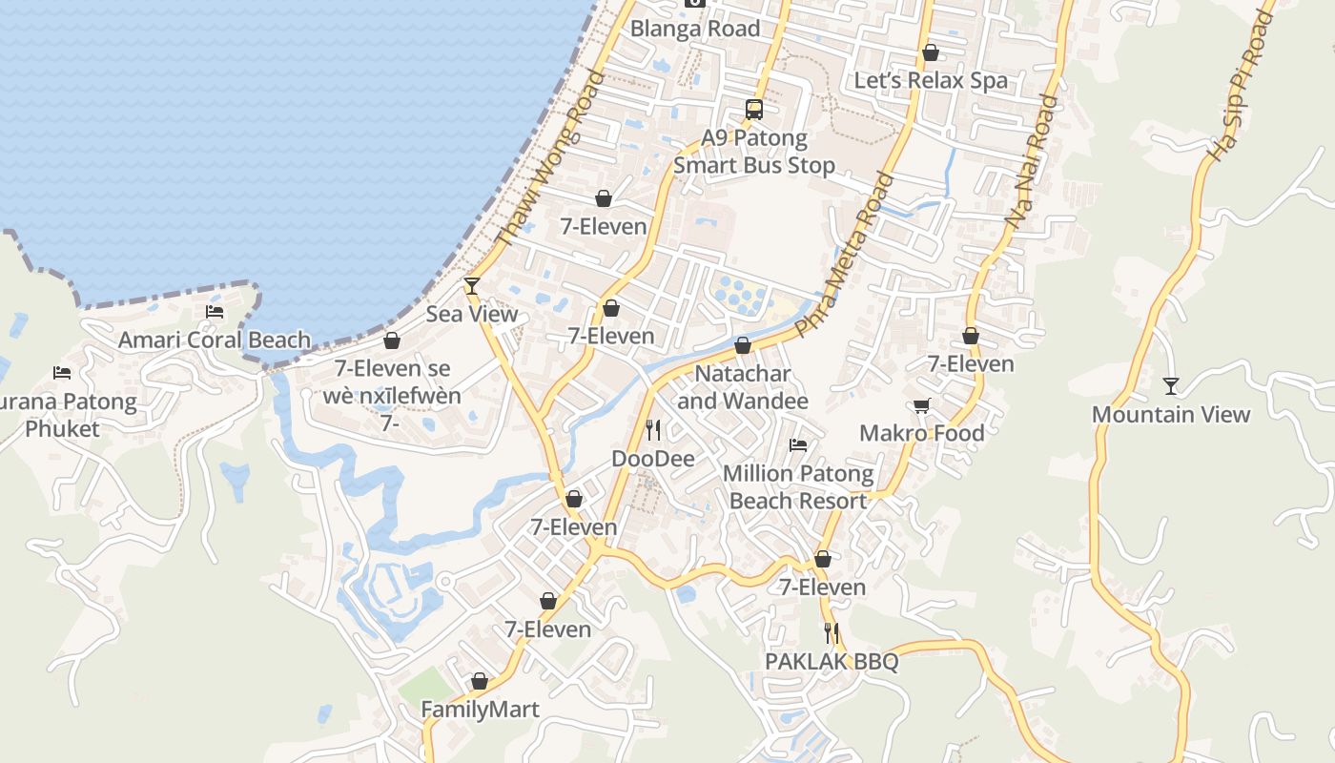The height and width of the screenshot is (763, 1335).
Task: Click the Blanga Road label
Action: click(x=695, y=29)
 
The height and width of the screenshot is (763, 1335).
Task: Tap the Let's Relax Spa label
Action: click(x=931, y=80)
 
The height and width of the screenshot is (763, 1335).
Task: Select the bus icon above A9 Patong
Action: click(x=754, y=109)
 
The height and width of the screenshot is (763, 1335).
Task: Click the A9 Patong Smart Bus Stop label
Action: click(x=754, y=152)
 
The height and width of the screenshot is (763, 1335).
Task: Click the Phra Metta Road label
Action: click(x=845, y=255)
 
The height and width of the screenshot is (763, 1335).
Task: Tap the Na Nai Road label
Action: click(x=1032, y=160)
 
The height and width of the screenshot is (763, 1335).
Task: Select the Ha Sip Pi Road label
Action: click(x=1241, y=86)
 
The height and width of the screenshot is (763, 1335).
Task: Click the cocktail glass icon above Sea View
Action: click(x=471, y=285)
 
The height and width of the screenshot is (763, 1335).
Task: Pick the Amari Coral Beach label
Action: click(x=215, y=340)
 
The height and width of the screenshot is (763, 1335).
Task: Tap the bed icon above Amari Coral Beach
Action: click(x=215, y=311)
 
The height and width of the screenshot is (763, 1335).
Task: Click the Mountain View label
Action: click(x=1170, y=414)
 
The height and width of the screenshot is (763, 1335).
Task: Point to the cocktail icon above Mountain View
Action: click(x=1170, y=385)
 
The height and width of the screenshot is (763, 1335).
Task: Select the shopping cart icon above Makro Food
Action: click(x=922, y=405)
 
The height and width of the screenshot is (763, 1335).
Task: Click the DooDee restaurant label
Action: click(x=653, y=459)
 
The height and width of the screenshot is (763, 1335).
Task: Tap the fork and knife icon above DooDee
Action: click(x=653, y=430)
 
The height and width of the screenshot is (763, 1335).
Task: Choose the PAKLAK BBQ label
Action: click(x=832, y=662)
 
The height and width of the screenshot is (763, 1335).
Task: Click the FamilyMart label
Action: click(x=480, y=710)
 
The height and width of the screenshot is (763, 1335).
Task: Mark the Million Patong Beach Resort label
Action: click(x=798, y=486)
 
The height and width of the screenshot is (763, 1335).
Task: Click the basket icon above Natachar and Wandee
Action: click(x=743, y=345)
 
